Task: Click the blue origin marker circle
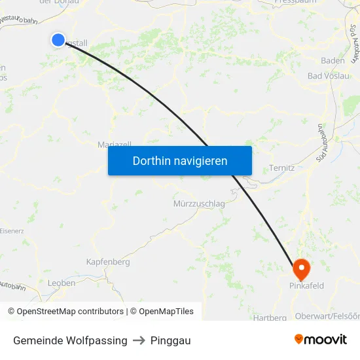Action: click(x=58, y=40)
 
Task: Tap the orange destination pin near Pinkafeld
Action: click(x=301, y=268)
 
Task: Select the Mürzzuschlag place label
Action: click(x=199, y=204)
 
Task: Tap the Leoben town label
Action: click(x=62, y=283)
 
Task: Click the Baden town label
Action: click(x=333, y=61)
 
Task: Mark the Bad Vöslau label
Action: click(x=328, y=76)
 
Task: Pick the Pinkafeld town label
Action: click(x=306, y=286)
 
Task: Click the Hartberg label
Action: click(x=270, y=317)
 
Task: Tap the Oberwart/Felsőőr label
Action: click(x=327, y=317)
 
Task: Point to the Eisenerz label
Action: click(x=11, y=231)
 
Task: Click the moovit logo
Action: click(x=321, y=340)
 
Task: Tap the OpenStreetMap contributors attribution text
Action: click(x=70, y=312)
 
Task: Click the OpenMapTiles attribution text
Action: click(x=166, y=312)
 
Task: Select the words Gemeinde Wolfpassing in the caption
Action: click(x=70, y=340)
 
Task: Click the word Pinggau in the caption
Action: click(x=170, y=340)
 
